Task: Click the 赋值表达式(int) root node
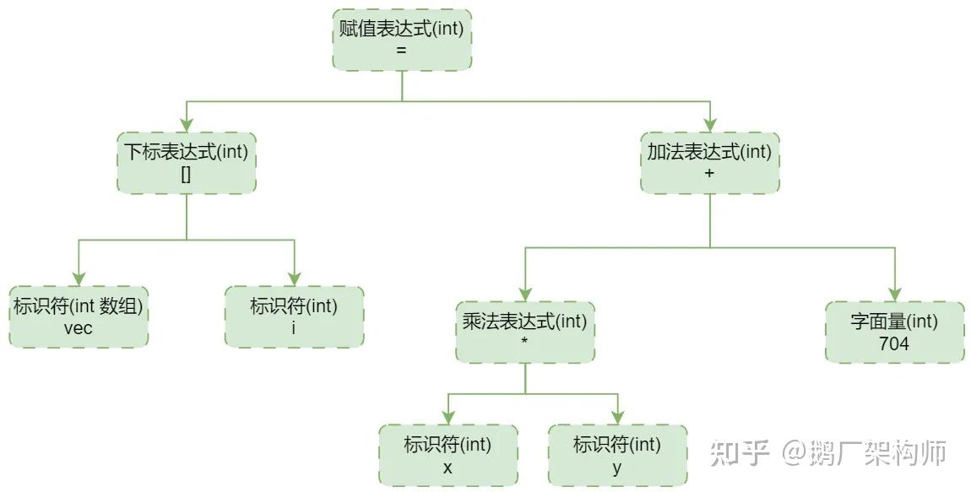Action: (x=402, y=40)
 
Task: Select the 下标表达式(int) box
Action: (x=187, y=163)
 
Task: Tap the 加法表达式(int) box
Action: (x=709, y=163)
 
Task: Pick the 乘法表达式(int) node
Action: (x=525, y=332)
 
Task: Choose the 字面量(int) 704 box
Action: (x=894, y=332)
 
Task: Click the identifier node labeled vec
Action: (x=79, y=316)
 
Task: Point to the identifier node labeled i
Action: (x=294, y=316)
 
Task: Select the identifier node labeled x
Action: (x=448, y=455)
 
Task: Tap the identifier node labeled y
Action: (x=617, y=455)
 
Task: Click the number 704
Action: (x=894, y=343)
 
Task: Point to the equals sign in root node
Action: (x=401, y=51)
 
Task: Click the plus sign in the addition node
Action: (x=709, y=173)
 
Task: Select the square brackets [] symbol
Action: (x=187, y=174)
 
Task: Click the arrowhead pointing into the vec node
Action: (x=79, y=279)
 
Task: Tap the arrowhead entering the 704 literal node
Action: (x=894, y=295)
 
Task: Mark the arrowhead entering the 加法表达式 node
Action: (x=709, y=126)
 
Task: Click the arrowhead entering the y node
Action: (x=617, y=418)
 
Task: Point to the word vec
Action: (x=79, y=328)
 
